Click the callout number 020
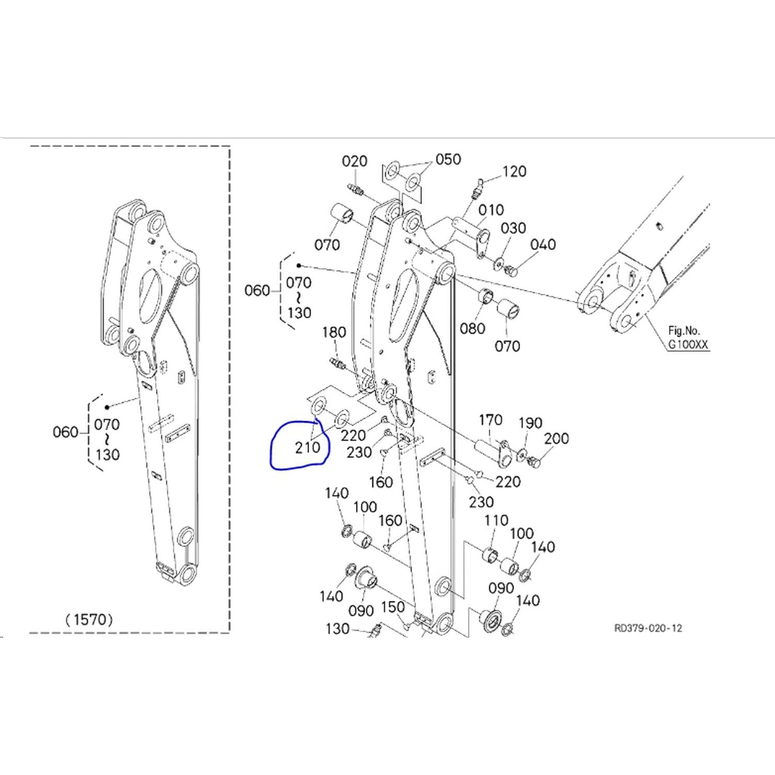(354, 162)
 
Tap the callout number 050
(448, 159)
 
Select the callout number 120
(514, 172)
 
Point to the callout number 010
(491, 210)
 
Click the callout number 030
(513, 228)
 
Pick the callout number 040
(543, 244)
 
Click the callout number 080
(472, 328)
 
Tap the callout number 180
(334, 332)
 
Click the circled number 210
(307, 447)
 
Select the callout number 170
(490, 420)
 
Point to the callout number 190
(530, 423)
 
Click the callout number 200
(556, 439)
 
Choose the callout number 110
(496, 520)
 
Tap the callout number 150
(392, 607)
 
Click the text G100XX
(688, 344)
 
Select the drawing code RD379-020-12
(648, 628)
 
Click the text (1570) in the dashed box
(89, 619)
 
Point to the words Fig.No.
(684, 330)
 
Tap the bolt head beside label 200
(534, 462)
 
